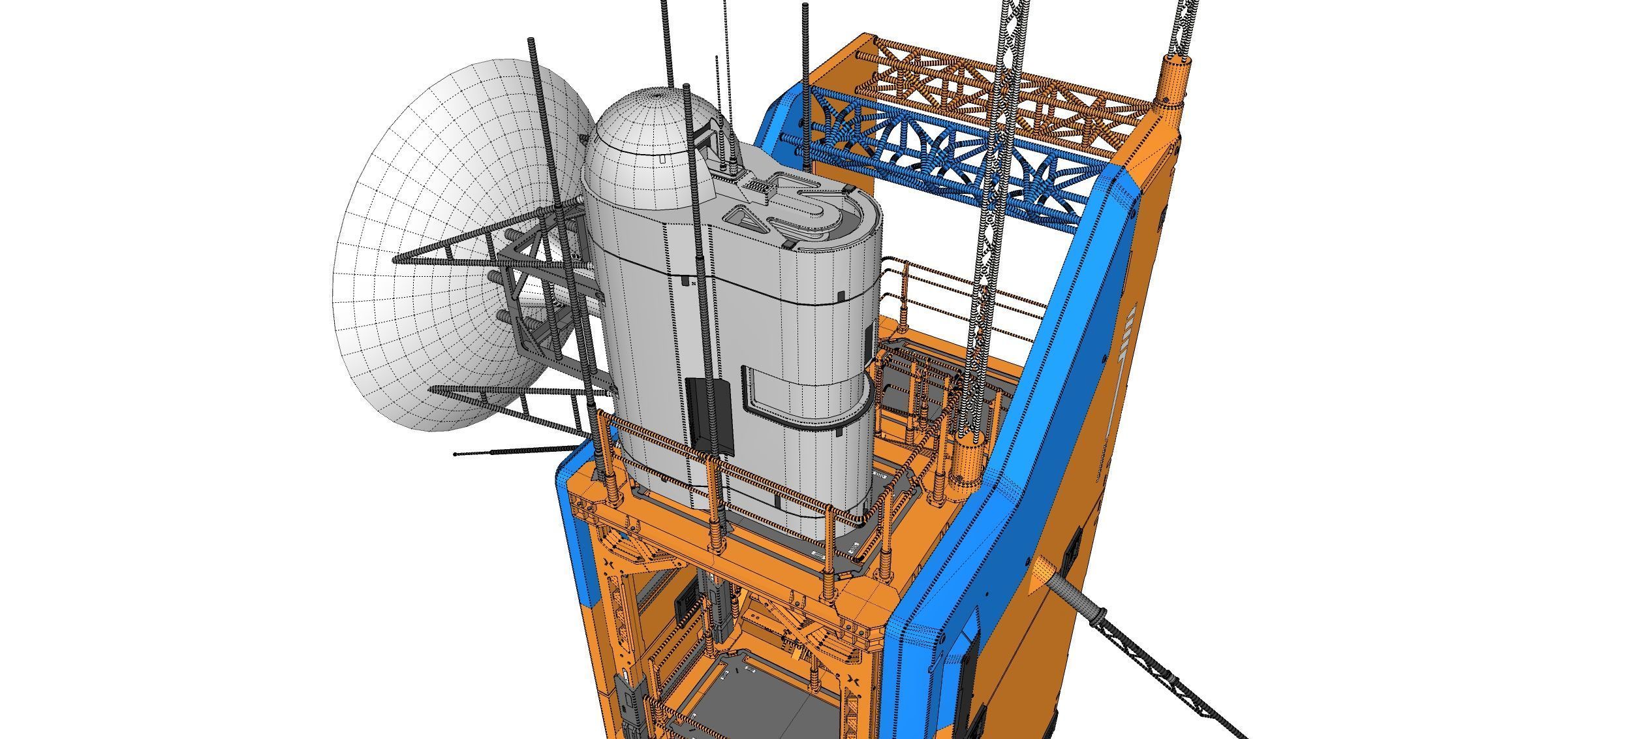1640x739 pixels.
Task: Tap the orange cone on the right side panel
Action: pyautogui.click(x=1042, y=574)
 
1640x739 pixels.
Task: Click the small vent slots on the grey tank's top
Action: pyautogui.click(x=758, y=185)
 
